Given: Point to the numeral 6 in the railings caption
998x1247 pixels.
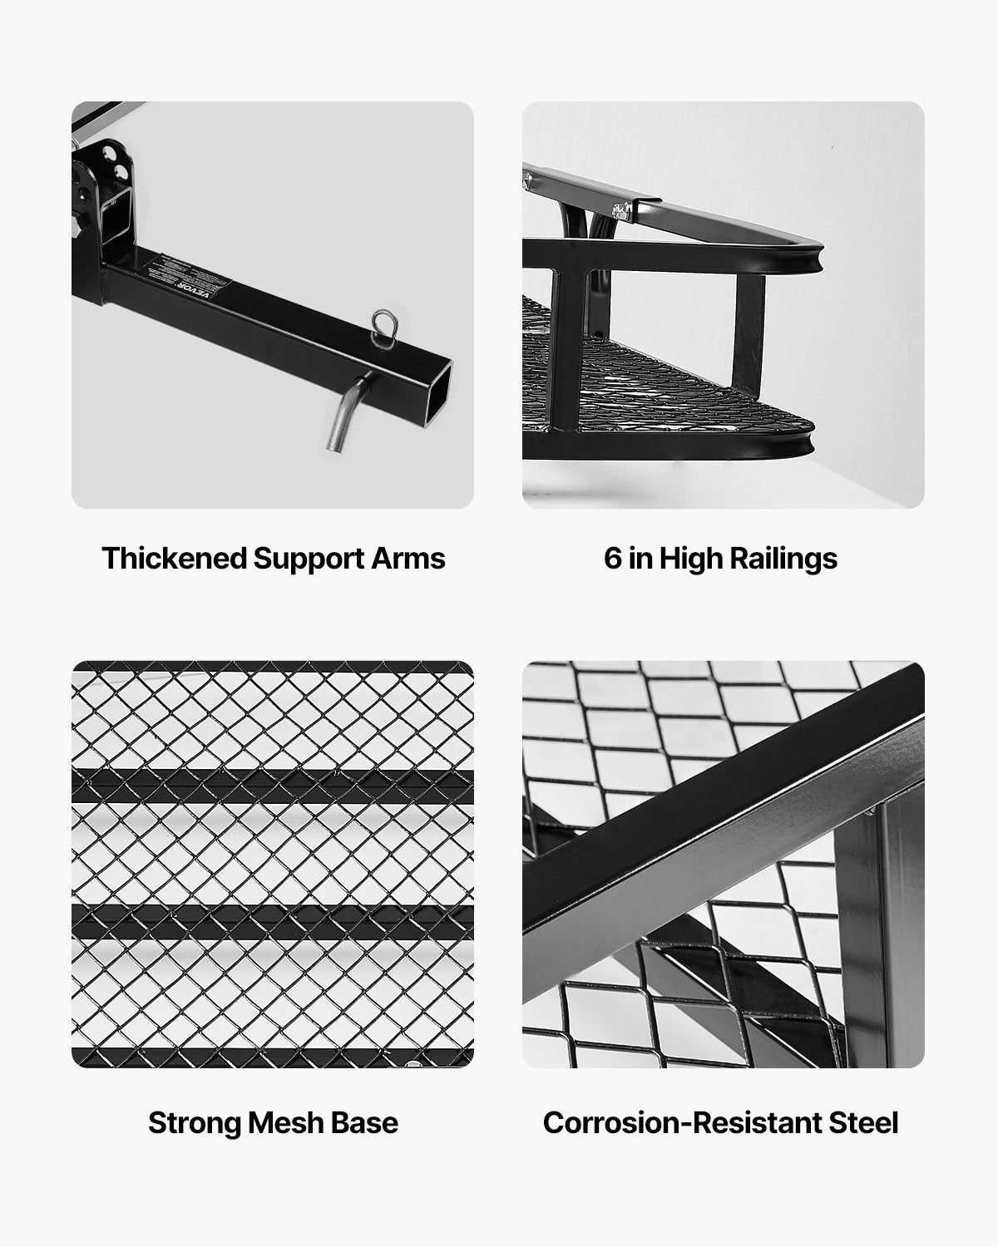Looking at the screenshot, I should (x=613, y=558).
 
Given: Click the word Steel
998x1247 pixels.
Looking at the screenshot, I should (x=861, y=1122).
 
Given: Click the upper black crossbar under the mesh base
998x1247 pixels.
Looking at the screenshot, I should (x=273, y=786).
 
